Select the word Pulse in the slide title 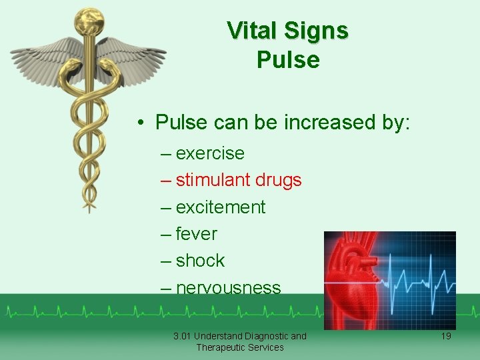tap(288, 60)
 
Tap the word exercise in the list tap(210, 153)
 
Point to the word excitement tap(221, 207)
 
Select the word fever tap(197, 234)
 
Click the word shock tap(201, 261)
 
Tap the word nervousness tap(229, 288)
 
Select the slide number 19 tap(445, 336)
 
